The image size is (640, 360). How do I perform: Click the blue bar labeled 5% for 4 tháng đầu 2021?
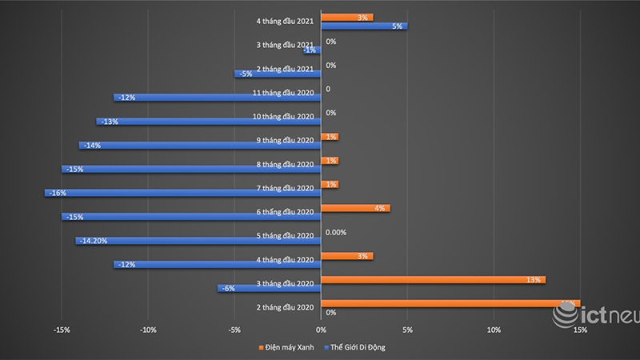pos(364,26)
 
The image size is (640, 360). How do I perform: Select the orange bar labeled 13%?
pos(433,280)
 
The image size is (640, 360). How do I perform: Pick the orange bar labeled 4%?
pos(355,208)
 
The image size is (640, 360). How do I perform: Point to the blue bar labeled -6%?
pos(269,288)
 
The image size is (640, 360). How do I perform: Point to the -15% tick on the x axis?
pos(62,330)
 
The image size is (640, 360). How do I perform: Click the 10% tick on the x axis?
pos(494,330)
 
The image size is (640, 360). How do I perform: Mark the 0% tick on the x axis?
pos(321,330)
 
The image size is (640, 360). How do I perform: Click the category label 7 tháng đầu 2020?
pos(285,188)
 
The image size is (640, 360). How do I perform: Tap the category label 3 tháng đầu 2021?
pos(285,45)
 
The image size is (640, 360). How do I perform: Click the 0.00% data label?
pos(337,232)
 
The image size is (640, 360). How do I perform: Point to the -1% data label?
pos(310,50)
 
